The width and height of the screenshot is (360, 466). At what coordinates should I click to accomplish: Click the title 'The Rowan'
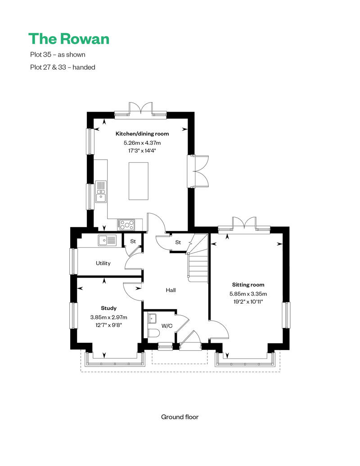point(69,39)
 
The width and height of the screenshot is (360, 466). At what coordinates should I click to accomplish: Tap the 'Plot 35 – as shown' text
point(57,54)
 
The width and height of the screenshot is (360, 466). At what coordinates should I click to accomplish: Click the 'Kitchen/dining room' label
point(142,134)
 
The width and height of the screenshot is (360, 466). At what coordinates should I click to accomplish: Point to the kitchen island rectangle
point(138,181)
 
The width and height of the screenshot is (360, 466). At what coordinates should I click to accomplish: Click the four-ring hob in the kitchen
point(126,224)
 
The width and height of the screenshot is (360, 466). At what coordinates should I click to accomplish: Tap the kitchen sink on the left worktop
point(101,191)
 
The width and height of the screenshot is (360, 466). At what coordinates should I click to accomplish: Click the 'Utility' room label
point(103,263)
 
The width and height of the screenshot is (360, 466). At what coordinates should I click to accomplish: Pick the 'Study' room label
point(108,308)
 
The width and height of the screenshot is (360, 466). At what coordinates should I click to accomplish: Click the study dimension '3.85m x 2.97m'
point(108,317)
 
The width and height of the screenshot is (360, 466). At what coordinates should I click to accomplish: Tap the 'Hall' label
point(171,290)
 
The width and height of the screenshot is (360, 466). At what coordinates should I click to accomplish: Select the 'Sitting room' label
point(248,285)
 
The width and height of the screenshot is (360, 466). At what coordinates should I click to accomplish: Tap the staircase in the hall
point(197,263)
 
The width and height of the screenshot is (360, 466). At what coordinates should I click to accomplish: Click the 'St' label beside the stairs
point(178,242)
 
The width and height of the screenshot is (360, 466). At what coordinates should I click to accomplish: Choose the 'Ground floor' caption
point(180,417)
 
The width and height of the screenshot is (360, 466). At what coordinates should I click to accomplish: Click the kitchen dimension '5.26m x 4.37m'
point(142,143)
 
